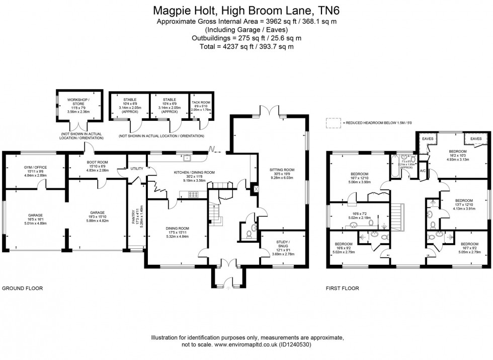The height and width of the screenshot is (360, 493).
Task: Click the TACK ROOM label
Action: pos(201,102)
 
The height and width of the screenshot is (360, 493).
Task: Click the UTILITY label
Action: pos(137,169)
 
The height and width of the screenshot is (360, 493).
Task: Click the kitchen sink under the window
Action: pos(187,158)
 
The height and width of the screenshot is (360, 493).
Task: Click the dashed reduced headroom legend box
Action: pos(332,122)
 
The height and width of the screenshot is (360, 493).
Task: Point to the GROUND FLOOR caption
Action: pos(22,289)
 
